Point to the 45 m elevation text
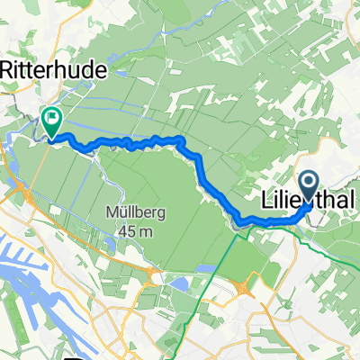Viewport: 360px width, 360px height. pos(135,231)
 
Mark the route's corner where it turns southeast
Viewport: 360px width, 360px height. pos(183,140)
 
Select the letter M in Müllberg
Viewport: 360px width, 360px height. pos(110,214)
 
